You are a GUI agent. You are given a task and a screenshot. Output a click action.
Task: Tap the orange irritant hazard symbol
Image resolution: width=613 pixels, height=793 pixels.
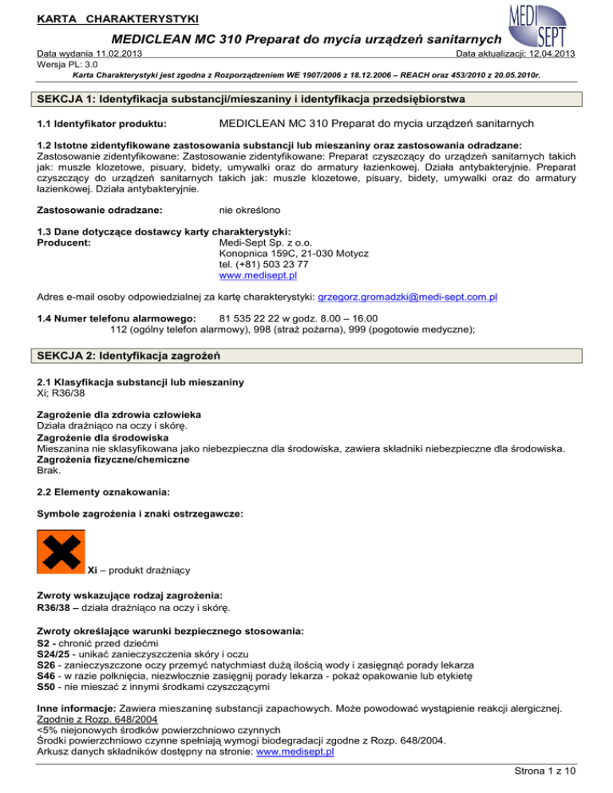tap(61, 550)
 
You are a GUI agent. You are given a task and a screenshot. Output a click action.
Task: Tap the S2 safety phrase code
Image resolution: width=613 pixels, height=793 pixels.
tap(45, 642)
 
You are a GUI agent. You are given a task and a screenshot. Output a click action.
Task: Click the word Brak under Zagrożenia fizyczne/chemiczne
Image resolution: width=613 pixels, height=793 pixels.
tap(49, 471)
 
